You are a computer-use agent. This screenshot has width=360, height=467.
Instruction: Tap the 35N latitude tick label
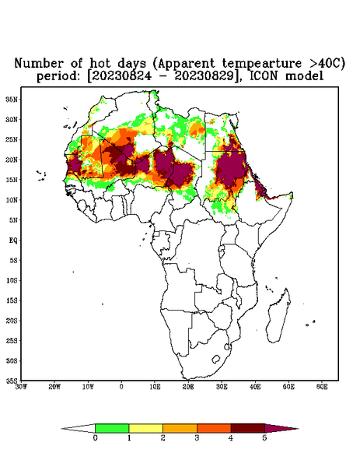tap(12, 99)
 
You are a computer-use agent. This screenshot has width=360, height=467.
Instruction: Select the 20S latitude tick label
tap(12, 321)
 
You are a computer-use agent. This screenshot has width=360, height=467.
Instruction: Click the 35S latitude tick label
tap(12, 381)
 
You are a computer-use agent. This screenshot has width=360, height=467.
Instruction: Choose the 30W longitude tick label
tap(21, 387)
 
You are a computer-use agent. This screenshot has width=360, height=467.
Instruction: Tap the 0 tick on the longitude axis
tap(121, 387)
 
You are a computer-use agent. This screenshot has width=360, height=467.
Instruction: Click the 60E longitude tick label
tap(322, 387)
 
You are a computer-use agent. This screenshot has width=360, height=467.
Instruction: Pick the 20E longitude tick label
tap(188, 387)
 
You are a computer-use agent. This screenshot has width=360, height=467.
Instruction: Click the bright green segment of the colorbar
tap(112, 428)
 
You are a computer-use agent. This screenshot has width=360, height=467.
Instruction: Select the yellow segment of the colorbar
tap(145, 428)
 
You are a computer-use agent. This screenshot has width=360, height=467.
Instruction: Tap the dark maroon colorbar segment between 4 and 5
tap(248, 428)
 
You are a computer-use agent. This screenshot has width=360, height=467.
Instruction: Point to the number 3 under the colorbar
tap(197, 438)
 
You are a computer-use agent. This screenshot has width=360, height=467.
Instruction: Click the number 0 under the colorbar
tap(95, 438)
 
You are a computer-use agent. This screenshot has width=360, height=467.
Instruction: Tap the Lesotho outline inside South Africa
tap(215, 359)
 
